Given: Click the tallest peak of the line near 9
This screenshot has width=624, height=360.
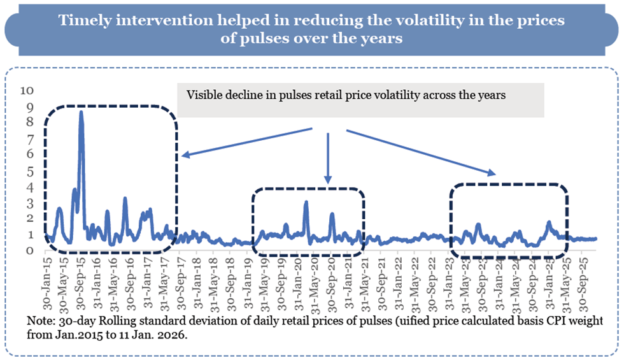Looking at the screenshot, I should (81, 113).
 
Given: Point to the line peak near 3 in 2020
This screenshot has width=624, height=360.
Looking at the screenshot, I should (306, 203).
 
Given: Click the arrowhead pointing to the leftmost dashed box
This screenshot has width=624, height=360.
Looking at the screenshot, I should (183, 154).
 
